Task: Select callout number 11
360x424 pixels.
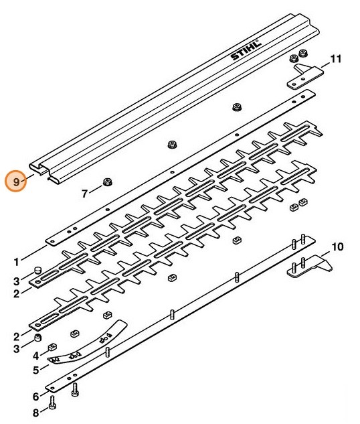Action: click(336, 60)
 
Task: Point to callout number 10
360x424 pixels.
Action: click(337, 247)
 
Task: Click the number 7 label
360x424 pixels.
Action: click(85, 194)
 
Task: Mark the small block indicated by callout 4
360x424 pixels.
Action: click(51, 347)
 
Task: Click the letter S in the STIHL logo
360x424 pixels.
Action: click(236, 59)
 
